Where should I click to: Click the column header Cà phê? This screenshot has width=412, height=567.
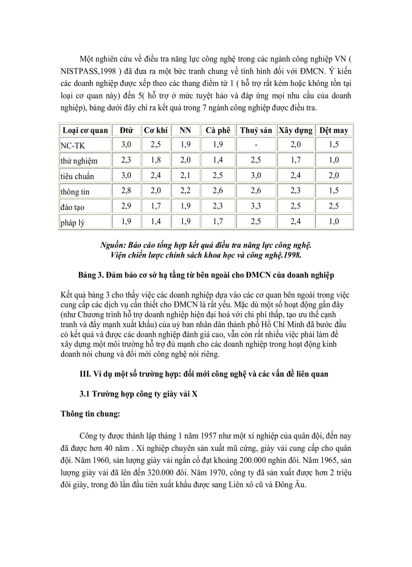pyautogui.click(x=218, y=130)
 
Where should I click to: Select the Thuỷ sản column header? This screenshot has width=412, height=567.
pyautogui.click(x=256, y=130)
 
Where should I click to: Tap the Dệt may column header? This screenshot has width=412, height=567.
pyautogui.click(x=334, y=130)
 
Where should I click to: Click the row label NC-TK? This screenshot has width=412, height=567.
pyautogui.click(x=72, y=145)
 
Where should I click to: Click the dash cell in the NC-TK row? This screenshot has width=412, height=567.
pyautogui.click(x=256, y=145)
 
